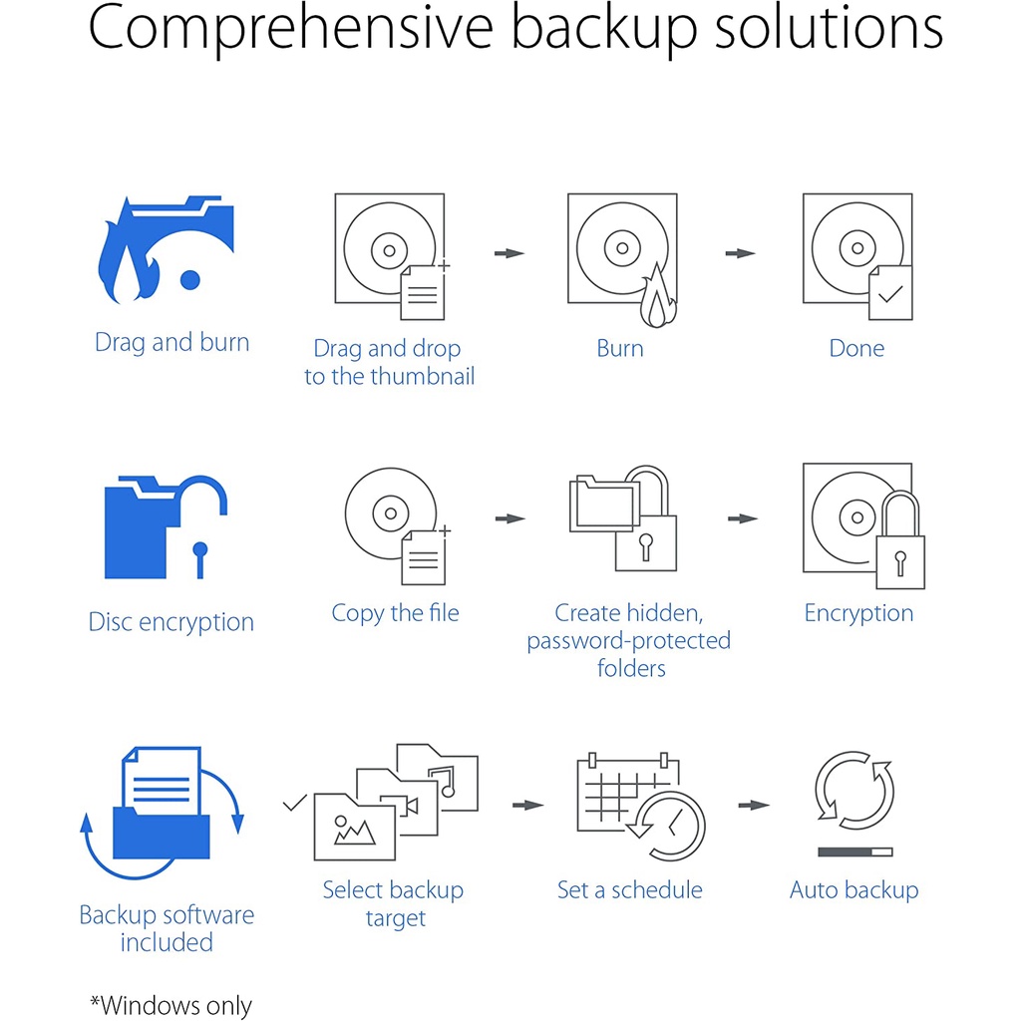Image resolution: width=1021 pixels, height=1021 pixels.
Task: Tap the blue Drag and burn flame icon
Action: (x=166, y=250)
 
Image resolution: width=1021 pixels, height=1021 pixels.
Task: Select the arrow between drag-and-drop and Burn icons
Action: (x=510, y=253)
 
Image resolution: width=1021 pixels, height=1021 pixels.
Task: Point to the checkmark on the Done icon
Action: (x=890, y=294)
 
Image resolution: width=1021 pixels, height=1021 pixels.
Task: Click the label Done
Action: (x=856, y=348)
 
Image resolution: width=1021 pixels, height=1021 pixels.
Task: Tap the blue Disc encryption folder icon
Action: (x=166, y=526)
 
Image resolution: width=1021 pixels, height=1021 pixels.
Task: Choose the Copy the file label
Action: (x=395, y=613)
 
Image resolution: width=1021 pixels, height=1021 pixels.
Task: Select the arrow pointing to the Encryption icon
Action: (x=743, y=518)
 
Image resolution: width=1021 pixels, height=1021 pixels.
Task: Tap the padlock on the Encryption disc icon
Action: (x=900, y=540)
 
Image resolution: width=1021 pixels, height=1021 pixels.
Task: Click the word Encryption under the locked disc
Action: (x=858, y=613)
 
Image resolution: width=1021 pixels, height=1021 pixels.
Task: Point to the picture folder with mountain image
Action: (x=354, y=827)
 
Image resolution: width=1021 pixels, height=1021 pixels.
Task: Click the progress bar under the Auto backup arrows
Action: (x=854, y=851)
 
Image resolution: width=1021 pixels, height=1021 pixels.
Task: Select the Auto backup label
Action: (x=853, y=890)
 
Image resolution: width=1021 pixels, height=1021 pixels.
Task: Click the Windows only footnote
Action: (x=170, y=1005)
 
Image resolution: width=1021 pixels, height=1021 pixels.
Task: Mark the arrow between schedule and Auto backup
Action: (x=754, y=806)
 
